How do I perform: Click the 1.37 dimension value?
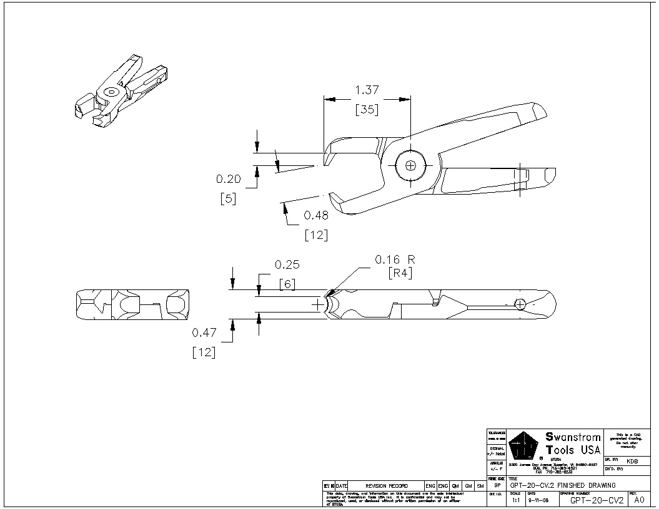coord(367,90)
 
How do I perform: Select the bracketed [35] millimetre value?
coord(367,110)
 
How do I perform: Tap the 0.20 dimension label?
coord(229,179)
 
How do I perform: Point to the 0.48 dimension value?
coord(316,215)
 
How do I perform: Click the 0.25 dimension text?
coord(287,264)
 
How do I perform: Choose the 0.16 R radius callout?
coord(395,258)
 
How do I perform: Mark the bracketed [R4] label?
coord(400,273)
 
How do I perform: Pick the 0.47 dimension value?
coord(204,332)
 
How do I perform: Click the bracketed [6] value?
coord(287,283)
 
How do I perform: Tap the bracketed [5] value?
coord(228,200)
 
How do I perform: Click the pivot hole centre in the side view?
coord(410,165)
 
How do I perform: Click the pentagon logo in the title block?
coord(523,447)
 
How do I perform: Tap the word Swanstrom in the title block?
coord(573,437)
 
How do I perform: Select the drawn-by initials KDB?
coord(632,461)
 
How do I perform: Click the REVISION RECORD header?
coord(386,486)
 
